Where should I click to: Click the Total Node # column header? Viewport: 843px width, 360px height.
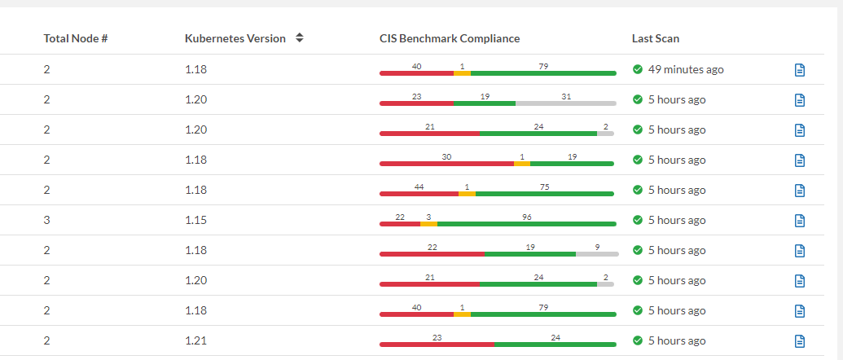point(76,38)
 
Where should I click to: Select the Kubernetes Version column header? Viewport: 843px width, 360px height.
point(235,38)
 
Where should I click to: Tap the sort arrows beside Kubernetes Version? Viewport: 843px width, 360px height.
point(300,38)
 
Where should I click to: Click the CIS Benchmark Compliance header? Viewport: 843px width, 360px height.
point(450,38)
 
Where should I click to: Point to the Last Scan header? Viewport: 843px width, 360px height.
point(655,38)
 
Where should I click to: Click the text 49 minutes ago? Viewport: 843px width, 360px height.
point(686,69)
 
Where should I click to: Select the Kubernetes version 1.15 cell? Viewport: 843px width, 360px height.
point(195,220)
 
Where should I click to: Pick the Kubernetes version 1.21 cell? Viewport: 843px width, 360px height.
point(195,340)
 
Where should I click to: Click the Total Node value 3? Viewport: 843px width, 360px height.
point(46,220)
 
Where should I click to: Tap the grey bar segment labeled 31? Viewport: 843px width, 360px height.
point(565,103)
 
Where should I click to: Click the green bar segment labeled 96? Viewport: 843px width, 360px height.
point(526,224)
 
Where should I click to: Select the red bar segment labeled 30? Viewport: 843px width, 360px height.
point(446,164)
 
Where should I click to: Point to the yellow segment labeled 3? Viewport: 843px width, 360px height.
point(428,224)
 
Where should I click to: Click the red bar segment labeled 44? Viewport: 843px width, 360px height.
point(419,194)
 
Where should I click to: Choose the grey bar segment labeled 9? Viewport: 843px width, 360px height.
point(597,254)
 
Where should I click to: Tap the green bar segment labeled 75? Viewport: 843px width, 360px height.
point(544,194)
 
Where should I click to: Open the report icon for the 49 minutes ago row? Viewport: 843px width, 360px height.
point(799,70)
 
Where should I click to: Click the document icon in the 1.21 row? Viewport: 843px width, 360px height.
point(799,340)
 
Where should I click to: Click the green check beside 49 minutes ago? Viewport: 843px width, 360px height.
point(638,69)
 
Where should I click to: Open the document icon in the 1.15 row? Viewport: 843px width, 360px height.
point(799,220)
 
